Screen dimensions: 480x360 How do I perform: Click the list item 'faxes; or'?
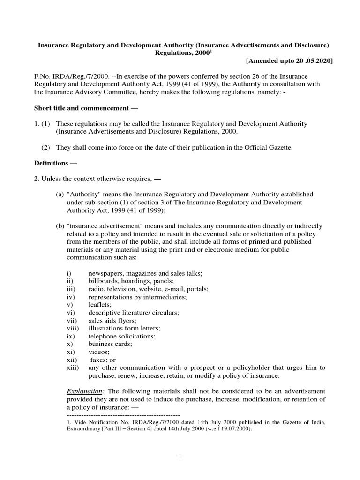pos(103,360)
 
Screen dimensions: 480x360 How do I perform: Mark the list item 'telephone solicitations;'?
pos(122,336)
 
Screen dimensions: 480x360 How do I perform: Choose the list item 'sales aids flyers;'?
pos(112,320)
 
